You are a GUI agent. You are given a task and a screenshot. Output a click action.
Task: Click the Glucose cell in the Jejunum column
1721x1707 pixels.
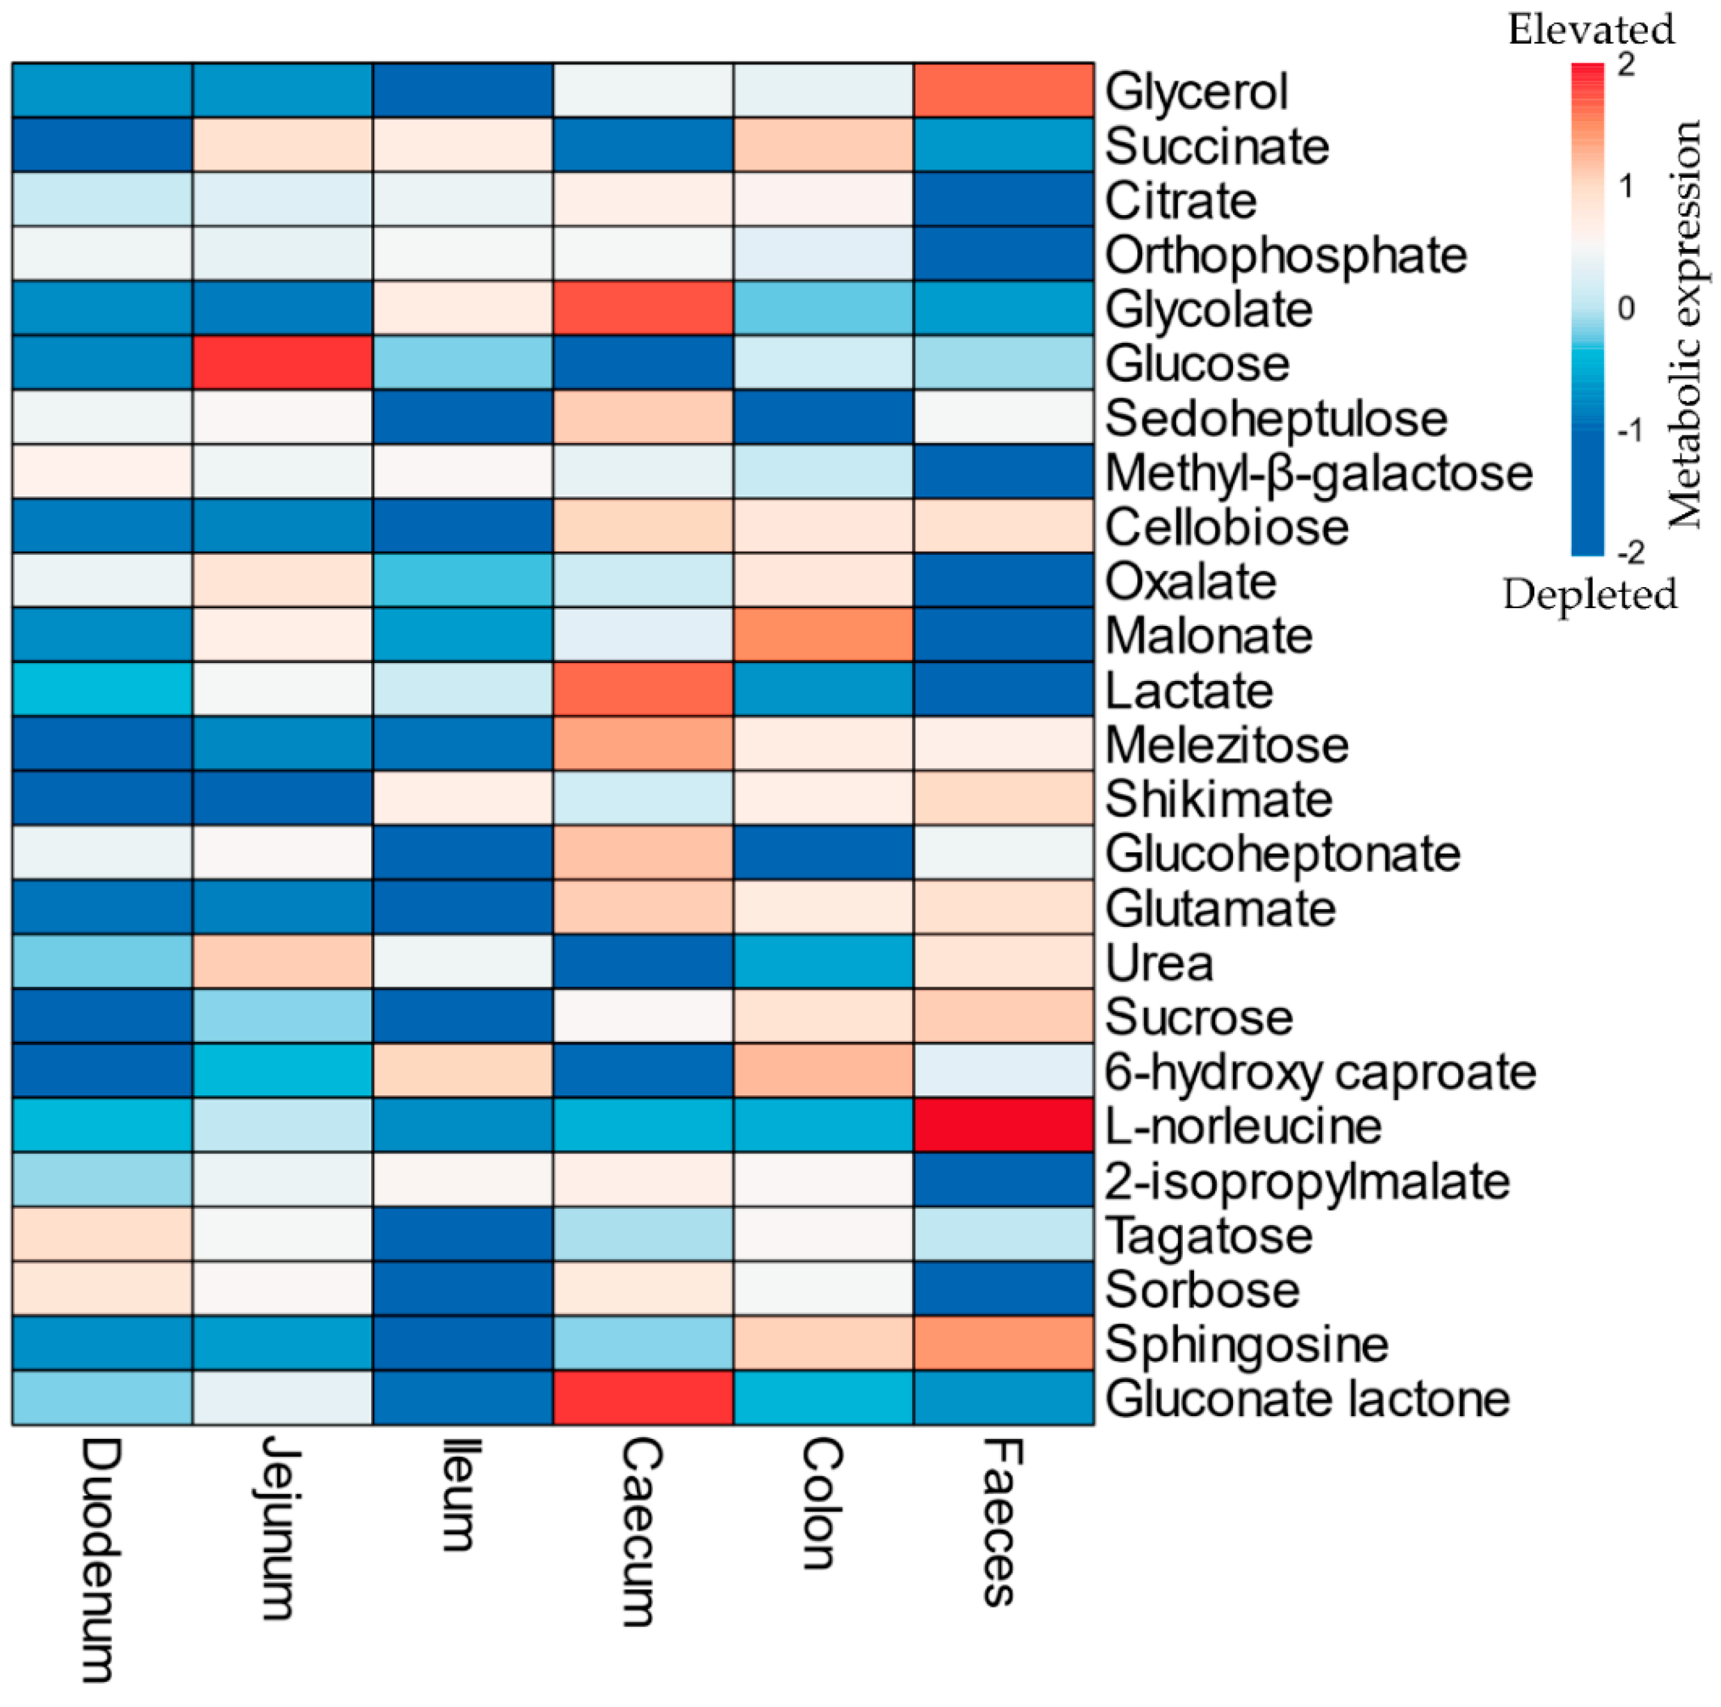point(283,363)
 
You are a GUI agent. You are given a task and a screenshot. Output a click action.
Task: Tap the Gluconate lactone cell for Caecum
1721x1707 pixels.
point(643,1398)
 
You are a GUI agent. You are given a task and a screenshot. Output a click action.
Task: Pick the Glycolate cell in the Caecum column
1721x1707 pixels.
point(643,308)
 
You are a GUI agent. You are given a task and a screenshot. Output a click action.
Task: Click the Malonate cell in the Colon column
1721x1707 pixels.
point(823,635)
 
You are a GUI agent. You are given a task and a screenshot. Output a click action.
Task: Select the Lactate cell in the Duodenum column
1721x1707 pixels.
point(102,689)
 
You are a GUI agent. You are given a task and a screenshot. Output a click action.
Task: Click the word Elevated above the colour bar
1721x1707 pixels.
point(1591,30)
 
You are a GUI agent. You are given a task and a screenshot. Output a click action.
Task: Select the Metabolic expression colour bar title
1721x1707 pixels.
point(1683,325)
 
